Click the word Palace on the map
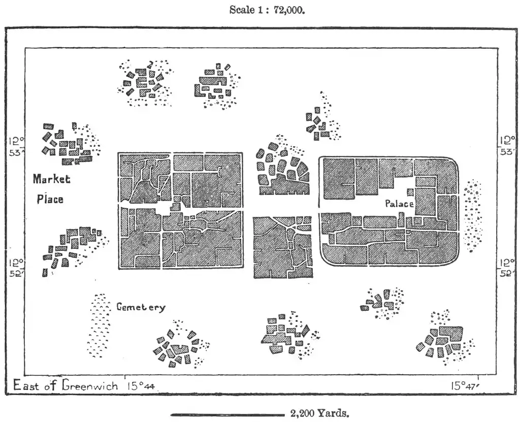point(399,204)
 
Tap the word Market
point(52,179)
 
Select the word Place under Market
point(50,199)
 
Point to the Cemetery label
point(141,307)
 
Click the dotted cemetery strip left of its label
point(99,325)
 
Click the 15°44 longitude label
point(140,386)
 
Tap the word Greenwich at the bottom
point(90,385)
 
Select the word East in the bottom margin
point(25,385)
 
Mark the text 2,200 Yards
point(320,413)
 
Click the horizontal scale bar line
point(228,415)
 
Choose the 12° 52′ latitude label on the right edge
point(506,268)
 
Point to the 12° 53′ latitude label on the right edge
point(506,146)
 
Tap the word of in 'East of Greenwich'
point(51,385)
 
